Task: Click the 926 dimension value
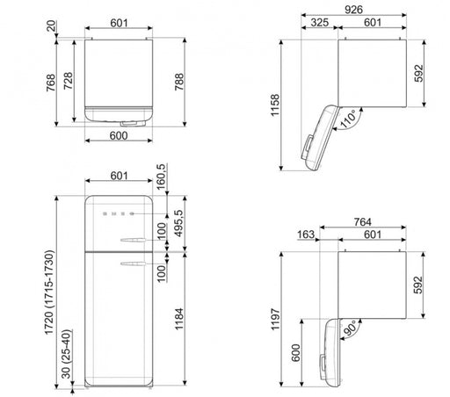pyautogui.click(x=353, y=10)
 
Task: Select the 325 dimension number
pyautogui.click(x=319, y=23)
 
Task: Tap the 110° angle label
pyautogui.click(x=348, y=119)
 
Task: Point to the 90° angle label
pyautogui.click(x=350, y=328)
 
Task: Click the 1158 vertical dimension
pyautogui.click(x=275, y=105)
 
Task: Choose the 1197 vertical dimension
pyautogui.click(x=275, y=319)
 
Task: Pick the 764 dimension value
pyautogui.click(x=362, y=222)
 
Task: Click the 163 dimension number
pyautogui.click(x=306, y=235)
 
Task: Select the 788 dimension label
pyautogui.click(x=179, y=82)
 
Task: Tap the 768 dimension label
pyautogui.click(x=51, y=83)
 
